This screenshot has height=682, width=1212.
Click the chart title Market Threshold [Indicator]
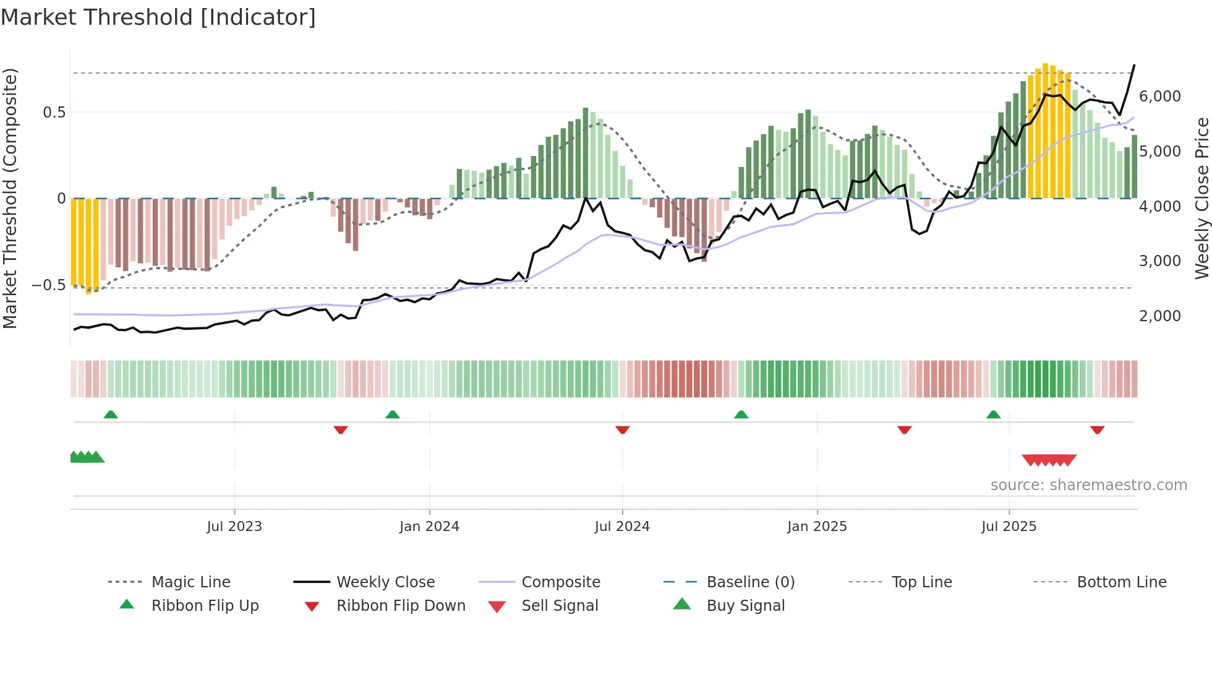pyautogui.click(x=158, y=17)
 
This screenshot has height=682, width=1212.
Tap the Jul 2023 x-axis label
pyautogui.click(x=234, y=527)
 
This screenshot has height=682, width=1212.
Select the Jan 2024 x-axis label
pyautogui.click(x=429, y=527)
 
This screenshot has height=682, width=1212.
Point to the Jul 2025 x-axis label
pyautogui.click(x=1009, y=527)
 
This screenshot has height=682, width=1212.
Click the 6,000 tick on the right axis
pyautogui.click(x=1159, y=97)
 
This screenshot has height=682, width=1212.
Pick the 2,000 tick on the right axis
pyautogui.click(x=1159, y=316)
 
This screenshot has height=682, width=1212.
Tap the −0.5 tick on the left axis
pyautogui.click(x=48, y=285)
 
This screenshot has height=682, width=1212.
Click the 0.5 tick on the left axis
pyautogui.click(x=54, y=113)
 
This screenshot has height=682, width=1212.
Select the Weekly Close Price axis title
pyautogui.click(x=1201, y=198)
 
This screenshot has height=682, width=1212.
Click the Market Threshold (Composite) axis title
pyautogui.click(x=10, y=198)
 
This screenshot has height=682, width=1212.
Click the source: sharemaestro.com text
pyautogui.click(x=1088, y=485)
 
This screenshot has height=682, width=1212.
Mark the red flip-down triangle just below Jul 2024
pyautogui.click(x=623, y=429)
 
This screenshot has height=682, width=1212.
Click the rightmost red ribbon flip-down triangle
pyautogui.click(x=1098, y=429)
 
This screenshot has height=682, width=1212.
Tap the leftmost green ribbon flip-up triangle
pyautogui.click(x=111, y=415)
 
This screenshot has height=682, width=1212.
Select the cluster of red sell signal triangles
pyautogui.click(x=1049, y=460)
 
